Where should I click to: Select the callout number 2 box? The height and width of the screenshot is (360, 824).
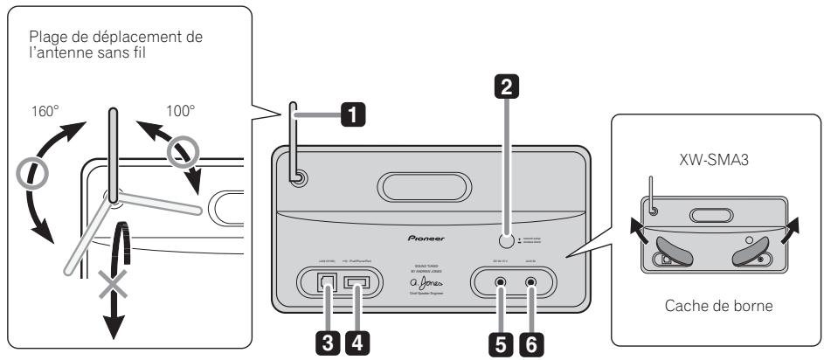[503, 86]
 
